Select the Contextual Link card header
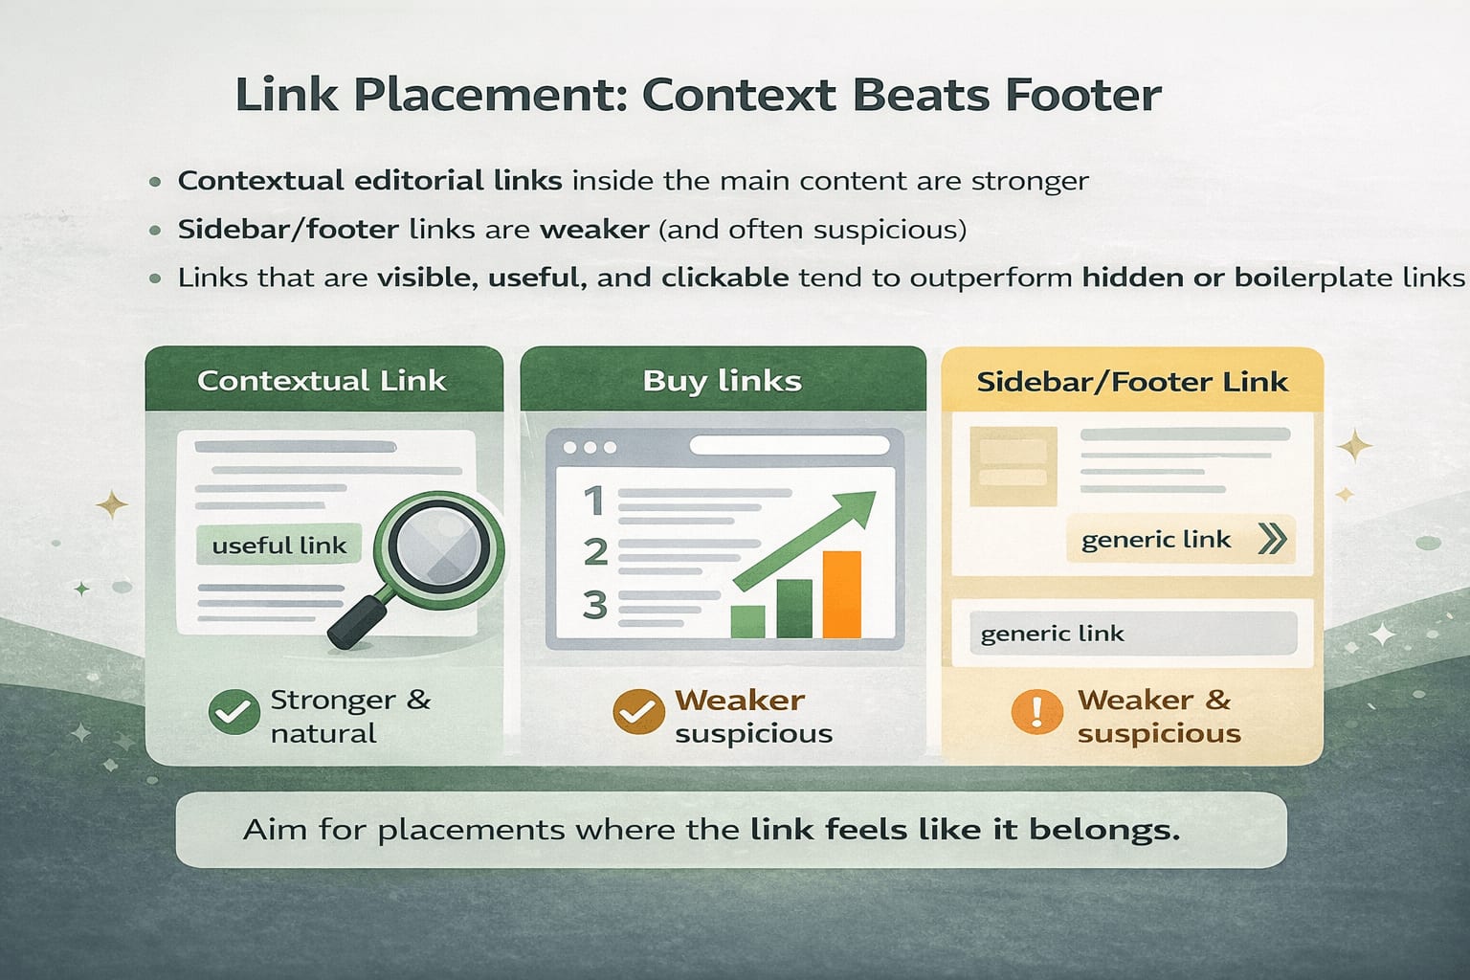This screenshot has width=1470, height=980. tap(324, 379)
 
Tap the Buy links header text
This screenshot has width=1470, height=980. tap(722, 381)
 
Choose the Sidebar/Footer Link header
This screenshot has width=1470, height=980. tap(1132, 381)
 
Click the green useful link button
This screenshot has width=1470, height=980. tap(278, 545)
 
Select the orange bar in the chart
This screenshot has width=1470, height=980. tap(841, 594)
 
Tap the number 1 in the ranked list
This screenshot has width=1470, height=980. tap(594, 501)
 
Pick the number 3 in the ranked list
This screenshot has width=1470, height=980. tap(594, 605)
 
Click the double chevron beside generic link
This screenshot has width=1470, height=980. tap(1273, 539)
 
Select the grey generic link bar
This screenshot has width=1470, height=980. tap(1133, 633)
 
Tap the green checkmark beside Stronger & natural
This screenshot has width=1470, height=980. tap(234, 712)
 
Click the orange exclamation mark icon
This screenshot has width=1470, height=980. tap(1036, 711)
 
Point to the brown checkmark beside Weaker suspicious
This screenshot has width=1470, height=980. tap(638, 711)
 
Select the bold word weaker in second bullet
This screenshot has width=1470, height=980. tap(594, 230)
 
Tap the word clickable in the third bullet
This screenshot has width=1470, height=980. tap(725, 278)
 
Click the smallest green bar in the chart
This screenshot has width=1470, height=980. tap(747, 621)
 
